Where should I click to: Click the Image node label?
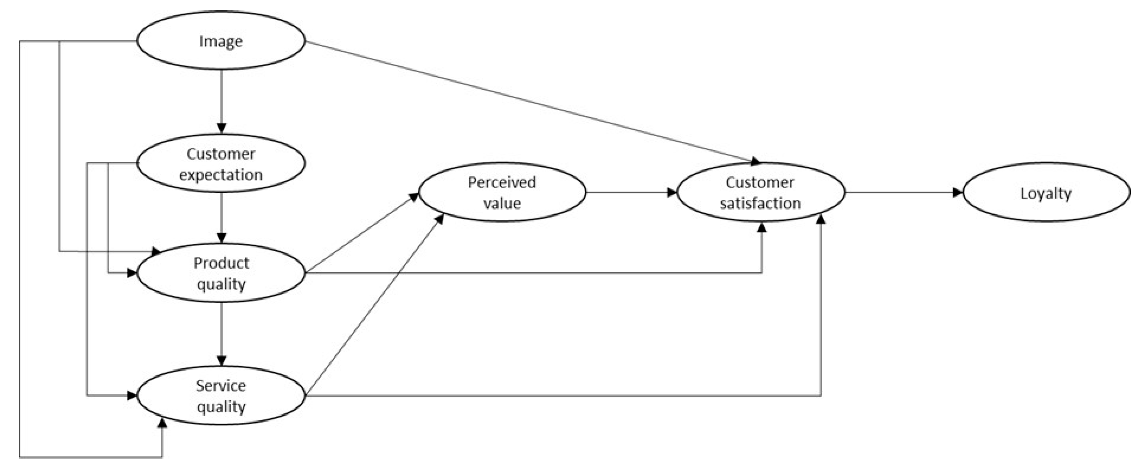pyautogui.click(x=221, y=41)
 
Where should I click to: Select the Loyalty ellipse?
pyautogui.click(x=1046, y=192)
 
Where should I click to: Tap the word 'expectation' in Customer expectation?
pyautogui.click(x=221, y=175)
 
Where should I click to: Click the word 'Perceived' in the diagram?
pyautogui.click(x=502, y=182)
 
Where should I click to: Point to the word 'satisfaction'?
pyautogui.click(x=760, y=203)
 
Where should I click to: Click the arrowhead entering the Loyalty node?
pyautogui.click(x=957, y=192)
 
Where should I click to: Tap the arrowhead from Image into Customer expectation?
pyautogui.click(x=221, y=128)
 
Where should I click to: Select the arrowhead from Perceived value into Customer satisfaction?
pyautogui.click(x=672, y=192)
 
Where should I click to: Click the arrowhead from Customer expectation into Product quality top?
pyautogui.click(x=221, y=238)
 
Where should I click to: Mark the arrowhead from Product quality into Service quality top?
pyautogui.click(x=221, y=360)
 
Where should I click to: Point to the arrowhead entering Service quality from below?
pyautogui.click(x=162, y=423)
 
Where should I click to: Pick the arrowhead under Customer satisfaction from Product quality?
pyautogui.click(x=762, y=228)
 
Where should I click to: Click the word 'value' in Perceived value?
pyautogui.click(x=502, y=203)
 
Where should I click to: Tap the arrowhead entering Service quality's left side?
pyautogui.click(x=132, y=396)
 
